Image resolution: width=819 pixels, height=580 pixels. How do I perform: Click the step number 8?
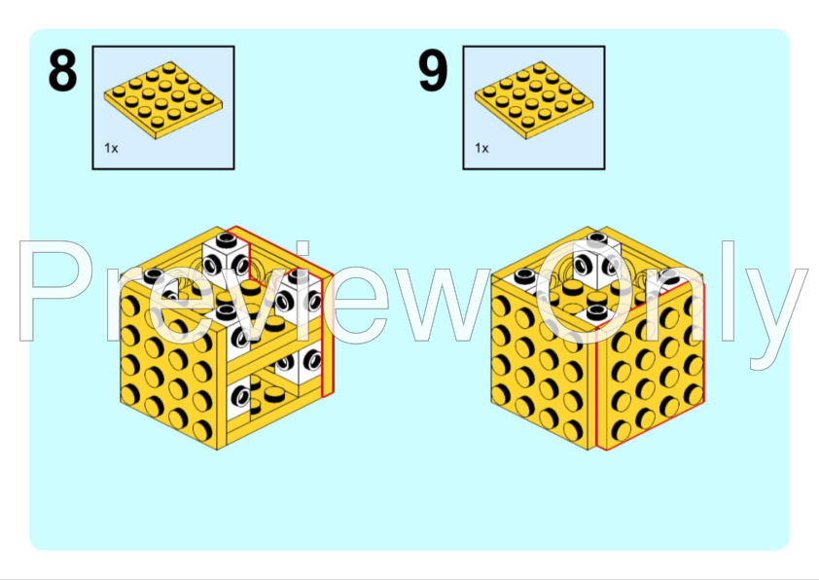pos(62,70)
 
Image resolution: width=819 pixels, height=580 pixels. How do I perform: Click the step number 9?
pos(433,70)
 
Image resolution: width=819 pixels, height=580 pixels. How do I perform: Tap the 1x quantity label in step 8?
pos(111,148)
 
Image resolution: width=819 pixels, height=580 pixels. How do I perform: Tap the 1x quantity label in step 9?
pos(481,148)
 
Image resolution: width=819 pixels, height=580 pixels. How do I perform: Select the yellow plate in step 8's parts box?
pos(163,100)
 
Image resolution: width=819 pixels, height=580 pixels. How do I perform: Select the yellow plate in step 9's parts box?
pos(534,100)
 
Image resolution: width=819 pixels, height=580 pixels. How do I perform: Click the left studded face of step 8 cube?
pos(170,366)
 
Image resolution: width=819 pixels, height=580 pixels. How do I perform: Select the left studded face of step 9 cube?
pos(541,366)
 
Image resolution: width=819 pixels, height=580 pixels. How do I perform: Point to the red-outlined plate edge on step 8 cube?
pos(328,335)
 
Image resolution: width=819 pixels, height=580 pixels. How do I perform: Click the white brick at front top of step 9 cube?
pos(596,314)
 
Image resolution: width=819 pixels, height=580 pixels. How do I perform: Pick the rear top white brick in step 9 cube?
pos(596,260)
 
